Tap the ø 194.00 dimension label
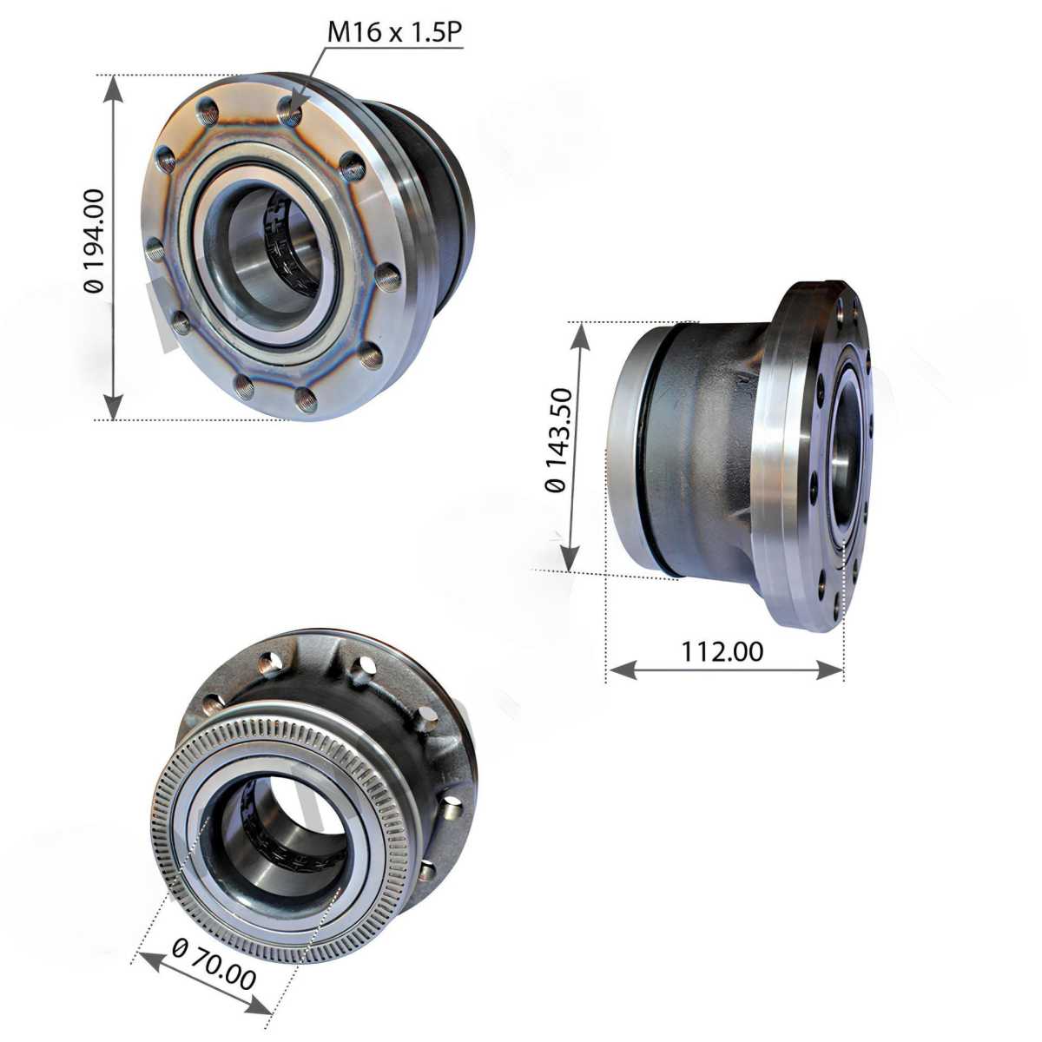(94, 241)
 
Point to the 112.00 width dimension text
(722, 651)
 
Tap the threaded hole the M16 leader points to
(290, 111)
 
